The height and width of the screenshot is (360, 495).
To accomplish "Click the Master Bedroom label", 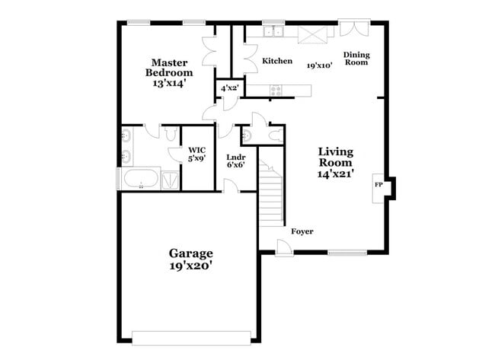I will [x=169, y=68].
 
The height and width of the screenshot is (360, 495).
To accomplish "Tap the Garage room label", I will [x=190, y=253].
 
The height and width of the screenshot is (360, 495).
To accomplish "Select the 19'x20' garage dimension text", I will [x=190, y=266].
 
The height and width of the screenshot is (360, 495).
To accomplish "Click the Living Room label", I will [x=335, y=157].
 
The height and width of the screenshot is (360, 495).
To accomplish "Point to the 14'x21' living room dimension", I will [x=335, y=172].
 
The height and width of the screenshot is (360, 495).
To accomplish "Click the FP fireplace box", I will [x=378, y=185].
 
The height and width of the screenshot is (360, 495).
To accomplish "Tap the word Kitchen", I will [x=277, y=61].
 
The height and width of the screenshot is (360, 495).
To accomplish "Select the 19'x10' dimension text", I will [x=320, y=66].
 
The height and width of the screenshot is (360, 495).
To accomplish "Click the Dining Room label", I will [x=356, y=58].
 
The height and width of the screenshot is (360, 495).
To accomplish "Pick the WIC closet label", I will [x=196, y=150].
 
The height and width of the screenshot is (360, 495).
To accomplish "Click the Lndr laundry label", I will [x=235, y=161].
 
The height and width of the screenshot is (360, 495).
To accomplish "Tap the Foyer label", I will [x=302, y=231].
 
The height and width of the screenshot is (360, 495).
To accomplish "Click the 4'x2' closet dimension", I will [x=229, y=89].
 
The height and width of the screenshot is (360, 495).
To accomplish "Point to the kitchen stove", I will [x=276, y=90].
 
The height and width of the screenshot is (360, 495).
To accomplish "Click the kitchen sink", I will [x=273, y=32].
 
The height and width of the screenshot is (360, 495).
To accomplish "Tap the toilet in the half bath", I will [x=247, y=136].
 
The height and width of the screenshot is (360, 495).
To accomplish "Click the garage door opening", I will [x=191, y=337].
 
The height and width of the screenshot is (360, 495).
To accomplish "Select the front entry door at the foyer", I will [x=283, y=247].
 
